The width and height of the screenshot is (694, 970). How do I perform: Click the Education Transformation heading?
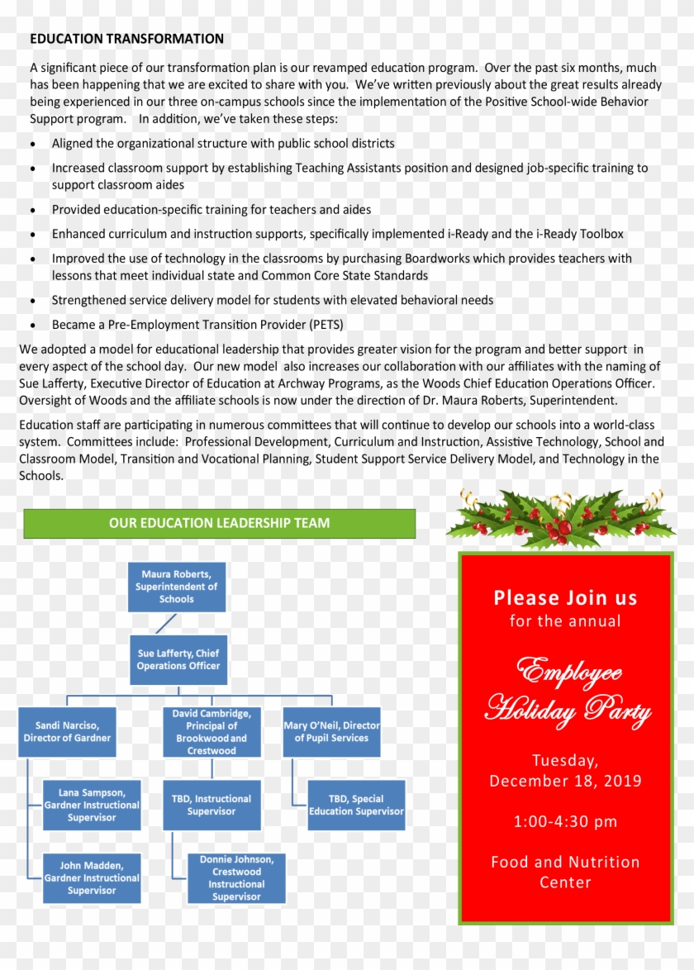[126, 39]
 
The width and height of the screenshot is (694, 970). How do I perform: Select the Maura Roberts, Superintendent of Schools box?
[177, 587]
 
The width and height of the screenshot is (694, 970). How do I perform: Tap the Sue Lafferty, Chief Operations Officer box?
[178, 659]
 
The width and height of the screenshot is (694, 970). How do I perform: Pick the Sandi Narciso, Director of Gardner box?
[67, 732]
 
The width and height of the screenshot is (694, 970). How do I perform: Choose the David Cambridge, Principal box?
[212, 732]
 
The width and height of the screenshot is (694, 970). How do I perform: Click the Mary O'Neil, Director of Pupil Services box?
[331, 732]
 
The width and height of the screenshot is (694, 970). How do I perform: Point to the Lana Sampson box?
[92, 805]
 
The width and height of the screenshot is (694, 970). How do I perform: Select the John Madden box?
[92, 877]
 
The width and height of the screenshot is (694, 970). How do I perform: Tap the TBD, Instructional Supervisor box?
[212, 805]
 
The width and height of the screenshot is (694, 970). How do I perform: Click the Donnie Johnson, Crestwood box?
[236, 877]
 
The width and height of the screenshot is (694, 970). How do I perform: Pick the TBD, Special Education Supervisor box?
[356, 805]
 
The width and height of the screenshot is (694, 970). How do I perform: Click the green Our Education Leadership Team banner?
[219, 523]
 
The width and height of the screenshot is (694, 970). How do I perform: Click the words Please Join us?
[565, 597]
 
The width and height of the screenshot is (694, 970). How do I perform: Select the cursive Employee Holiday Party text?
[567, 691]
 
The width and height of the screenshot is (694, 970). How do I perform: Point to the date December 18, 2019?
[565, 781]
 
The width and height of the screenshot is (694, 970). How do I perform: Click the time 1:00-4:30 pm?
[565, 821]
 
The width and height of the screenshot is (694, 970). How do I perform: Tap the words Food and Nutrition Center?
[565, 872]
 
